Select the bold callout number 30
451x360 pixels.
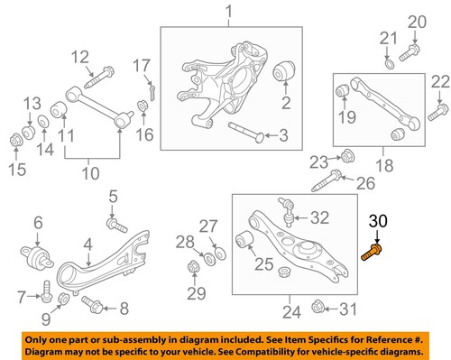pyautogui.click(x=379, y=221)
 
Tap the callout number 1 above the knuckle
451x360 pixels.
pyautogui.click(x=228, y=12)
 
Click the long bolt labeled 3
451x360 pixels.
pyautogui.click(x=245, y=133)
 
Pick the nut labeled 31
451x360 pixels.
pyautogui.click(x=317, y=309)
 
